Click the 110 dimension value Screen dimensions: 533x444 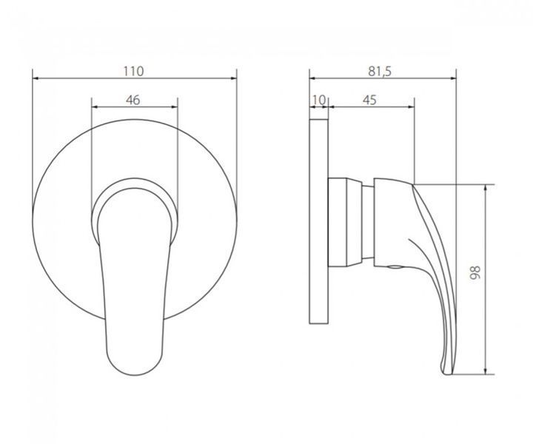point(133,71)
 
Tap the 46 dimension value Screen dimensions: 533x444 point(133,100)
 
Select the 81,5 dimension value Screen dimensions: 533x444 point(380,71)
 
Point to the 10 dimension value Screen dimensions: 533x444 point(318,100)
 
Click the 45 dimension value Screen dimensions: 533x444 point(369,100)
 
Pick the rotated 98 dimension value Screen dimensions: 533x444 point(475,272)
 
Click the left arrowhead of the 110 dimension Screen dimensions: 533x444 point(35,78)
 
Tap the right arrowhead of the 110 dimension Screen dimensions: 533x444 point(234,78)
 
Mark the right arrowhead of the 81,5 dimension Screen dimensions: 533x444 point(454,78)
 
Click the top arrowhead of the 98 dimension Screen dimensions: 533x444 point(486,187)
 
